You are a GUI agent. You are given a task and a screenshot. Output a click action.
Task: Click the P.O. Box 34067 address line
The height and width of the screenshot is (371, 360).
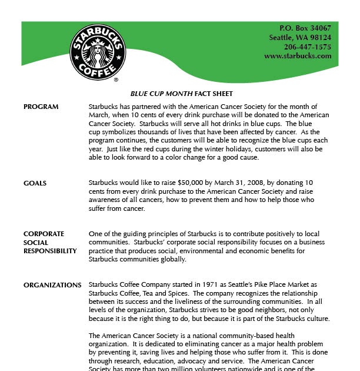305,28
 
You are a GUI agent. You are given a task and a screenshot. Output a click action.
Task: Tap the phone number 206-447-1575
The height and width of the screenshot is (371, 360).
307,47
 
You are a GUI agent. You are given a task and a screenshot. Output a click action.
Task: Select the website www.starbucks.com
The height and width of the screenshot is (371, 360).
298,56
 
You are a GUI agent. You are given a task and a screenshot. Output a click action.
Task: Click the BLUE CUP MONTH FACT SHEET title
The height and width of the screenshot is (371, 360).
181,94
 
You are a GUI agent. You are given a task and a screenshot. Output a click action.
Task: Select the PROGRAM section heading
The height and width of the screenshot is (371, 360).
41,107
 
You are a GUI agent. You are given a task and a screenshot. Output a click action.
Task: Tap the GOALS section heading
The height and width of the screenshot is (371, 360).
35,183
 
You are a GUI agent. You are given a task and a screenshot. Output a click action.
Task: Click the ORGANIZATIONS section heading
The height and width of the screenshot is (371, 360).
52,285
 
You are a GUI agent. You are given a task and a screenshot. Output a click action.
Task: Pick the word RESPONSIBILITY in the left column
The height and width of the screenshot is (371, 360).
50,251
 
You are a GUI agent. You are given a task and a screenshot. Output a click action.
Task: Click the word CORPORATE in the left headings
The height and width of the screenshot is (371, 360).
44,234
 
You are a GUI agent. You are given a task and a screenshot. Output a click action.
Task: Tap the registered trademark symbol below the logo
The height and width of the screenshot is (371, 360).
116,79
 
